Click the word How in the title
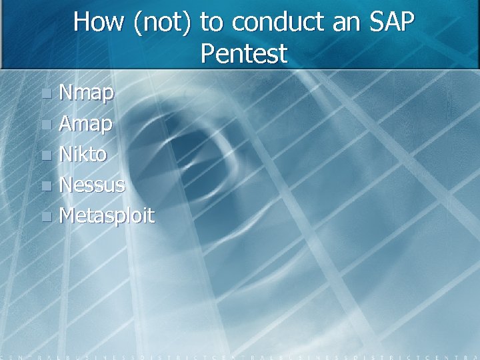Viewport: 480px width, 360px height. (99, 22)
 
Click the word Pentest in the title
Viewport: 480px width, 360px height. (243, 53)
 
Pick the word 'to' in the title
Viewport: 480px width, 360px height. (212, 22)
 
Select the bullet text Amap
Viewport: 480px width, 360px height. (86, 124)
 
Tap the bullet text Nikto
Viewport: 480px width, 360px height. (83, 155)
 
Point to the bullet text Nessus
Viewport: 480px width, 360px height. (92, 185)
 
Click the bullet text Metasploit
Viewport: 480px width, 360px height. (107, 215)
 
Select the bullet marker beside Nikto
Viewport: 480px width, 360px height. (45, 155)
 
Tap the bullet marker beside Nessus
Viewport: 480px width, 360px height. (45, 185)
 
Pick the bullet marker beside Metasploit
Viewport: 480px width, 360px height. (45, 216)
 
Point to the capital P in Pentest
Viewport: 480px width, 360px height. (207, 53)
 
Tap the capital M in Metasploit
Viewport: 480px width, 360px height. (68, 215)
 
